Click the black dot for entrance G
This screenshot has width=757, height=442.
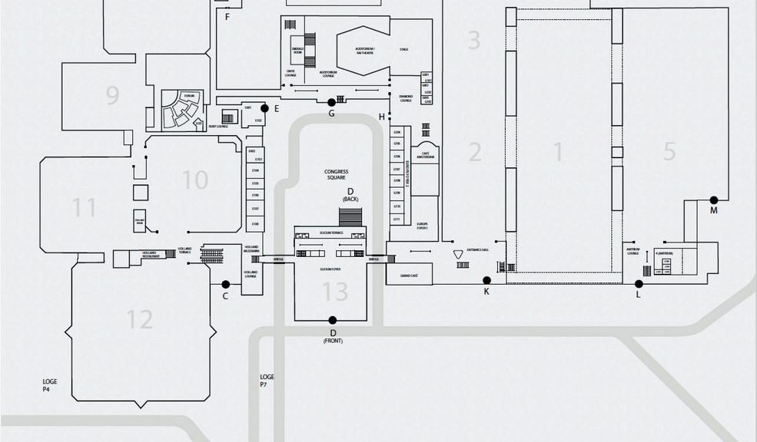(332, 102)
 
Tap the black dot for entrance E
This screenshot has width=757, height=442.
(265, 108)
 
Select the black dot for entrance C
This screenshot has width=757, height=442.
(226, 285)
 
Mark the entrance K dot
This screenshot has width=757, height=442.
(486, 281)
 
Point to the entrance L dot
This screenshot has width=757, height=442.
(639, 284)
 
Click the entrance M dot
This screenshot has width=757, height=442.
(714, 200)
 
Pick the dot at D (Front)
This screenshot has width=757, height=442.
(333, 320)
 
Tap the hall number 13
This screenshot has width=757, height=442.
(335, 292)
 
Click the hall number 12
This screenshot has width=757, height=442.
(140, 318)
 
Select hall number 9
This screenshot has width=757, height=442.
(113, 96)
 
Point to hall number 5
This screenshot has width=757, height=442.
(669, 151)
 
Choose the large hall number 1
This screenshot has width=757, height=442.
(559, 152)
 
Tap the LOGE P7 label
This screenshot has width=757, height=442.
(267, 380)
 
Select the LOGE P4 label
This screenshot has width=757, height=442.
(50, 385)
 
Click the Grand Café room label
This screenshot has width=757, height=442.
(409, 274)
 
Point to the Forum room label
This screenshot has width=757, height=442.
(189, 95)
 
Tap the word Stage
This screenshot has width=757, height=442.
(403, 50)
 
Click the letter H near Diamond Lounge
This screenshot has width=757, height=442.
(382, 117)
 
